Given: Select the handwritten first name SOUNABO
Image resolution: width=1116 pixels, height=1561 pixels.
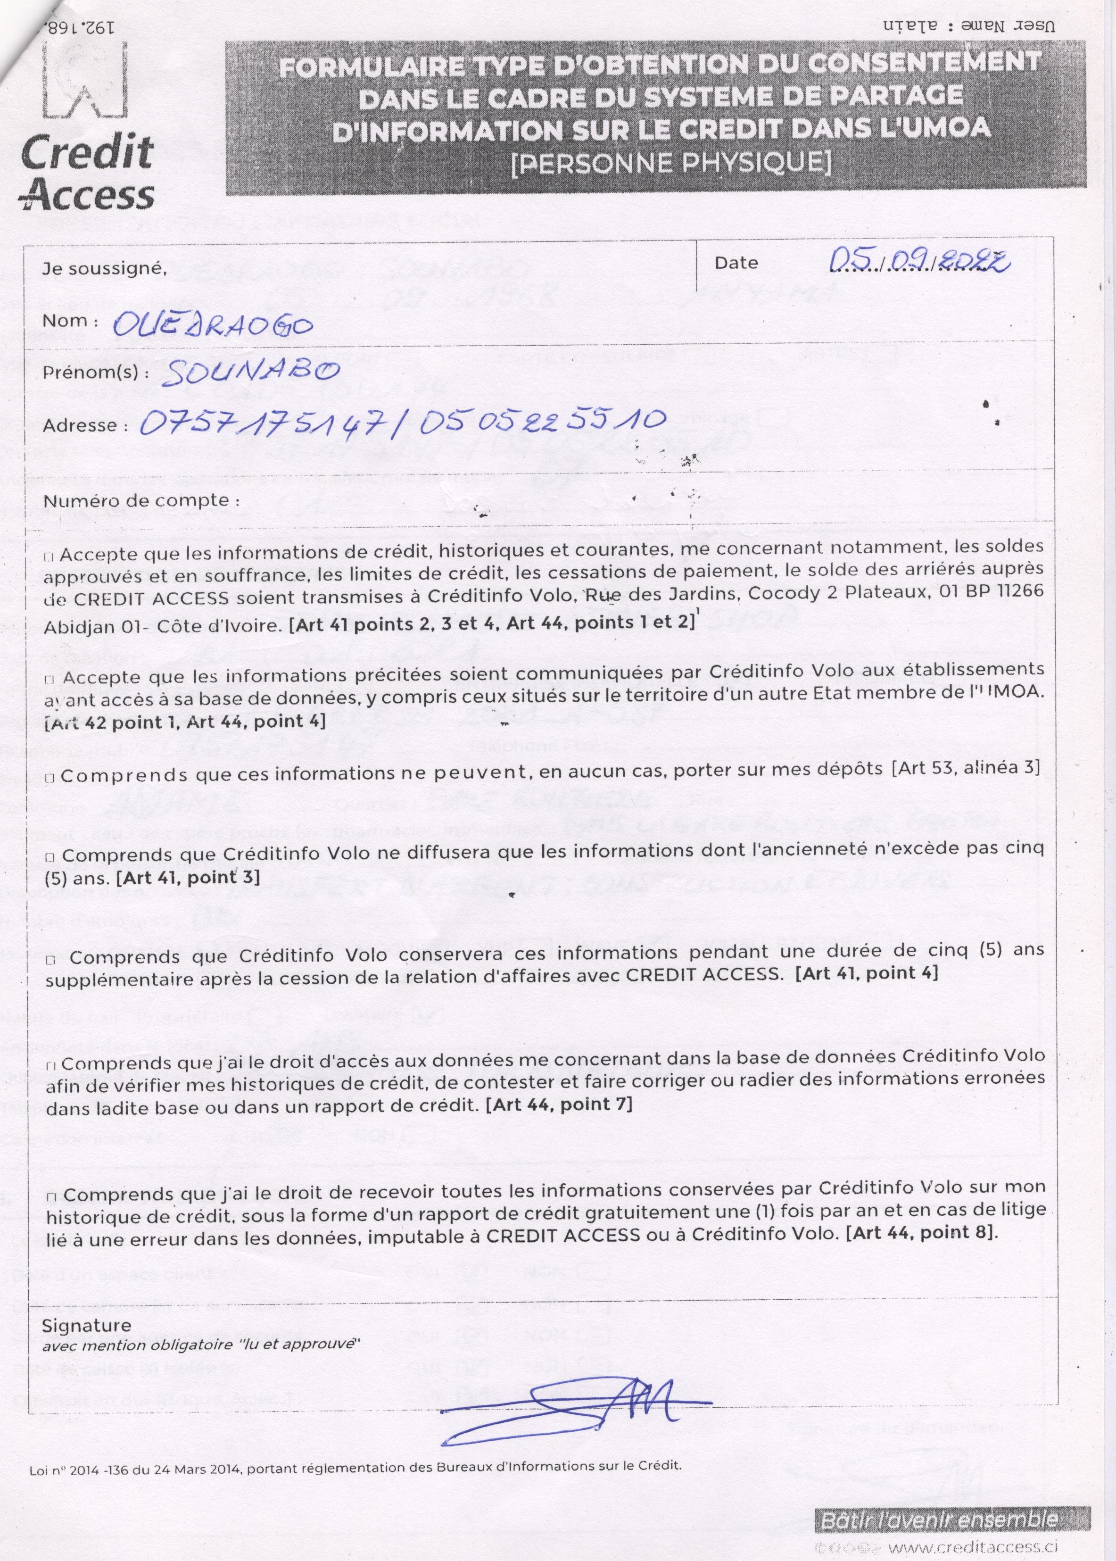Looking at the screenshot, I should (250, 372).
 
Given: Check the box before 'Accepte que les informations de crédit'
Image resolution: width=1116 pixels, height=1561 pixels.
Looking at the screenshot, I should (50, 557).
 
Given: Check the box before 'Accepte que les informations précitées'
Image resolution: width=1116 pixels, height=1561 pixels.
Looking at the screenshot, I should (50, 680).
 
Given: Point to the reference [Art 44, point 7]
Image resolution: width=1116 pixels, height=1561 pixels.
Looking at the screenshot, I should (559, 1104).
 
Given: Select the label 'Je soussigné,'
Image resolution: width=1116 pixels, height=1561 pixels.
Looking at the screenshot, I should (105, 269).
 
